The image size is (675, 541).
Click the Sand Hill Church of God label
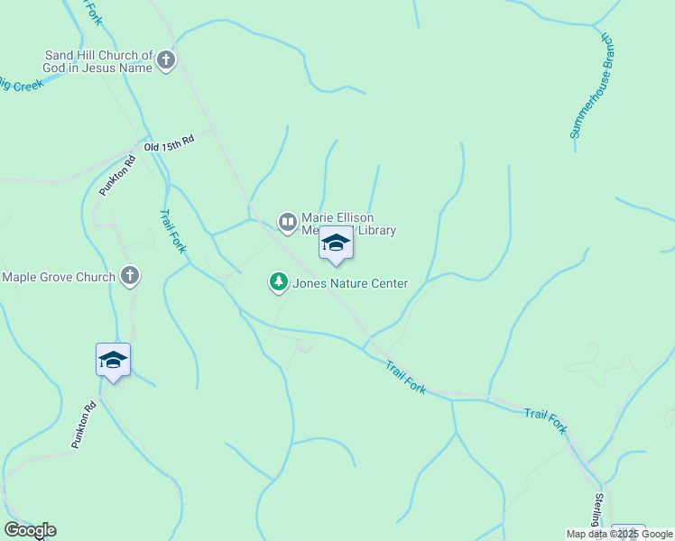(99, 61)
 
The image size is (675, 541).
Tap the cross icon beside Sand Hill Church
(166, 61)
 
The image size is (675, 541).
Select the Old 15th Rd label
(169, 144)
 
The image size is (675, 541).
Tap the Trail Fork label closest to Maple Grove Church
(172, 232)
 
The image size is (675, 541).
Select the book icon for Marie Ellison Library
(287, 222)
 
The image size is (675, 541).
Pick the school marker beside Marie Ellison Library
(337, 243)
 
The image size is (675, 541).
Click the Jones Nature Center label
(350, 283)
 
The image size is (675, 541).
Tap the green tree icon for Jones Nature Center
(279, 283)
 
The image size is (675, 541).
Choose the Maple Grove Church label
(59, 277)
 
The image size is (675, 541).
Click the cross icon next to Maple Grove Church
(130, 276)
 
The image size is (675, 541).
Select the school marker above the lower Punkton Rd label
(114, 361)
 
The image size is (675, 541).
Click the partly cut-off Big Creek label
(22, 85)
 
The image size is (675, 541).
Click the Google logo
(30, 530)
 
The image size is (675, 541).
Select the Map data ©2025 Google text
(620, 534)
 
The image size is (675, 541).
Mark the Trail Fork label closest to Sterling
(545, 420)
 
